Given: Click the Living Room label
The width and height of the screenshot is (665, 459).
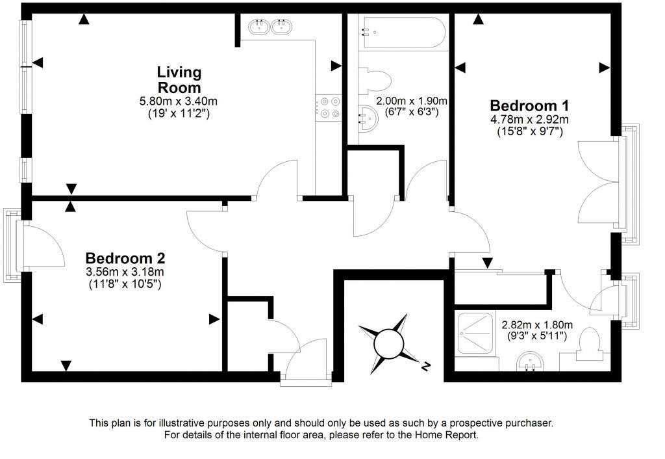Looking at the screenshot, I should click(x=179, y=79).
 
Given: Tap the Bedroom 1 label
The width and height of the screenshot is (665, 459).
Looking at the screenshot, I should click(x=524, y=105).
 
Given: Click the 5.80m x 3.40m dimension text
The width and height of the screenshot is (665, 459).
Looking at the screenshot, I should click(x=179, y=101).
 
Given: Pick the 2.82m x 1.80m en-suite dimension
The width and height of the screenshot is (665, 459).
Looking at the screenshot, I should click(x=536, y=325).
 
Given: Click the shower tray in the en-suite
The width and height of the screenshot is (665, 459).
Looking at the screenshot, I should click(x=481, y=334).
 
